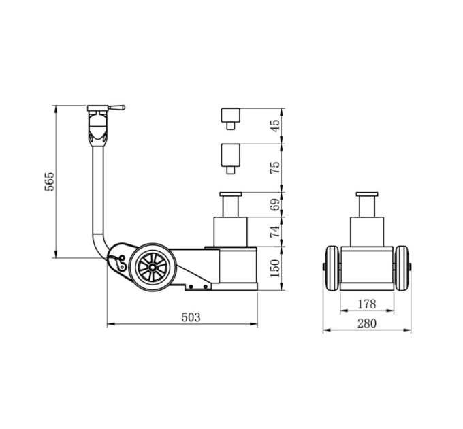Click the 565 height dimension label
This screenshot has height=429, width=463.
[x=49, y=181]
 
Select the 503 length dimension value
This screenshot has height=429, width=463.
[x=191, y=317]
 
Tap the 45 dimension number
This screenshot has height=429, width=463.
[x=275, y=126]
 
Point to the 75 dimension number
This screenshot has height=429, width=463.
[x=275, y=168]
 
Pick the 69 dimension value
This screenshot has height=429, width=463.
[x=275, y=204]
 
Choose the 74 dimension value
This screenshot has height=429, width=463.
[x=275, y=232]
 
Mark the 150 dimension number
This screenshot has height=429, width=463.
[x=275, y=268]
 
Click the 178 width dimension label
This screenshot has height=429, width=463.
[x=367, y=304]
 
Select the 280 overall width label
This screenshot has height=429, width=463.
[x=367, y=323]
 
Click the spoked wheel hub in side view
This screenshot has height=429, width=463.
[x=153, y=268]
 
